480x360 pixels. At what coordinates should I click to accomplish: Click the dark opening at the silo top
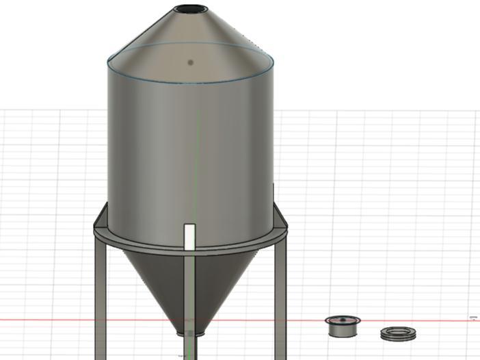(190, 10)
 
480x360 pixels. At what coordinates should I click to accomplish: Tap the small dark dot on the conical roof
(191, 62)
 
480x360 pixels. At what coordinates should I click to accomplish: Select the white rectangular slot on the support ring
(190, 237)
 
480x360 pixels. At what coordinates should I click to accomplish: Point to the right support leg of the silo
(280, 294)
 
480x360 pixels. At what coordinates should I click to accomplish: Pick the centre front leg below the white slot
(190, 294)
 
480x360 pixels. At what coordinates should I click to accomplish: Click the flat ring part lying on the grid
(399, 334)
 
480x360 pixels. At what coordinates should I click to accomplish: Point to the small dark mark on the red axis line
(473, 318)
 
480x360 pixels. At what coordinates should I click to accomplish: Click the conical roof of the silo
(157, 34)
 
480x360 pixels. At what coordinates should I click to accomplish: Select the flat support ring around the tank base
(137, 241)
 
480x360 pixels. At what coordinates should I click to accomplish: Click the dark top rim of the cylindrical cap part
(343, 320)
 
